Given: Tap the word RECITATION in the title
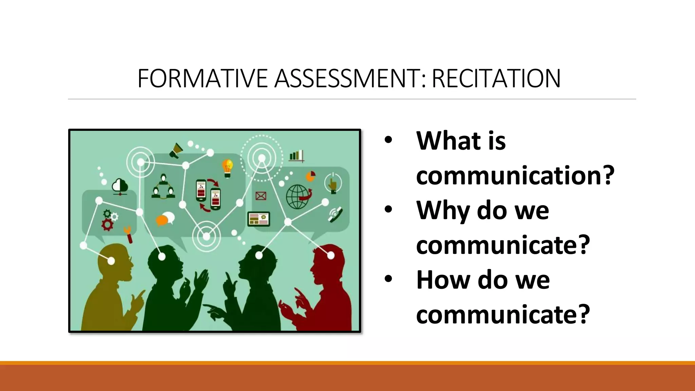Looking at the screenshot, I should click(496, 78).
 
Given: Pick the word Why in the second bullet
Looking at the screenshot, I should click(443, 210).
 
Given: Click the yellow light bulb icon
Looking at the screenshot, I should click(227, 168).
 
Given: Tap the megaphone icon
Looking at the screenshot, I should click(176, 150).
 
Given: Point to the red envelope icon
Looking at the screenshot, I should click(261, 196).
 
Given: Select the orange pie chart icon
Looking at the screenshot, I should click(311, 176).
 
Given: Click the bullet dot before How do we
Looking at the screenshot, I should click(388, 279).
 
